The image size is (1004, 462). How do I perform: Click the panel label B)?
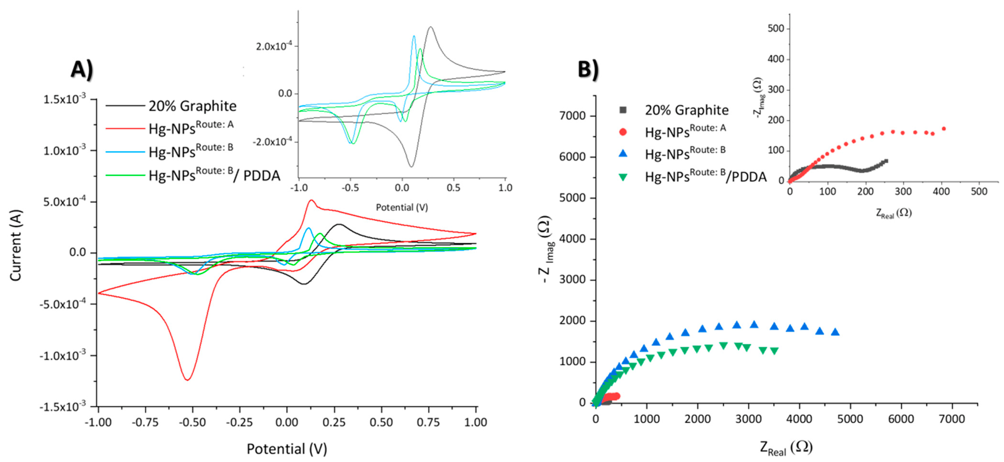[588, 71]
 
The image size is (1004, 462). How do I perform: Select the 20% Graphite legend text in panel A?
[192, 106]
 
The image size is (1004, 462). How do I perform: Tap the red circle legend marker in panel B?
[623, 132]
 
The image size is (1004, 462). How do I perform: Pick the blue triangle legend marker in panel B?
[623, 154]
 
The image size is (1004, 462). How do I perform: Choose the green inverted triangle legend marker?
[623, 177]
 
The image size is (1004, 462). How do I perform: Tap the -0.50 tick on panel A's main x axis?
[192, 422]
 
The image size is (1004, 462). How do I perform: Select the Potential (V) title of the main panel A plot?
[287, 449]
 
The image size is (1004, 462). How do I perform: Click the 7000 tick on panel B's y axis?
[572, 116]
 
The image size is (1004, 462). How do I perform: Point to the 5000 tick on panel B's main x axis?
[850, 419]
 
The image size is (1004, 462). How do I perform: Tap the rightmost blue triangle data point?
[835, 332]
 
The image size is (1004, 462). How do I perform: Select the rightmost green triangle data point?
[774, 351]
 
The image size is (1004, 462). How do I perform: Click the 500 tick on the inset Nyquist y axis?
[776, 29]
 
